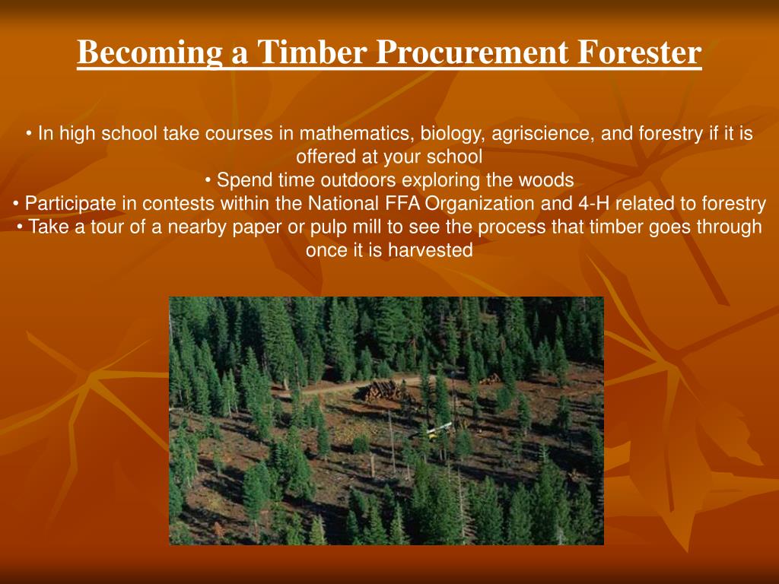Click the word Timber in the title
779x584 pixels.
[311, 53]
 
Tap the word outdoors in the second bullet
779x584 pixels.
[358, 180]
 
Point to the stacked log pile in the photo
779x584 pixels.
[383, 392]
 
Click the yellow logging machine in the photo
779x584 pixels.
[439, 431]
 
